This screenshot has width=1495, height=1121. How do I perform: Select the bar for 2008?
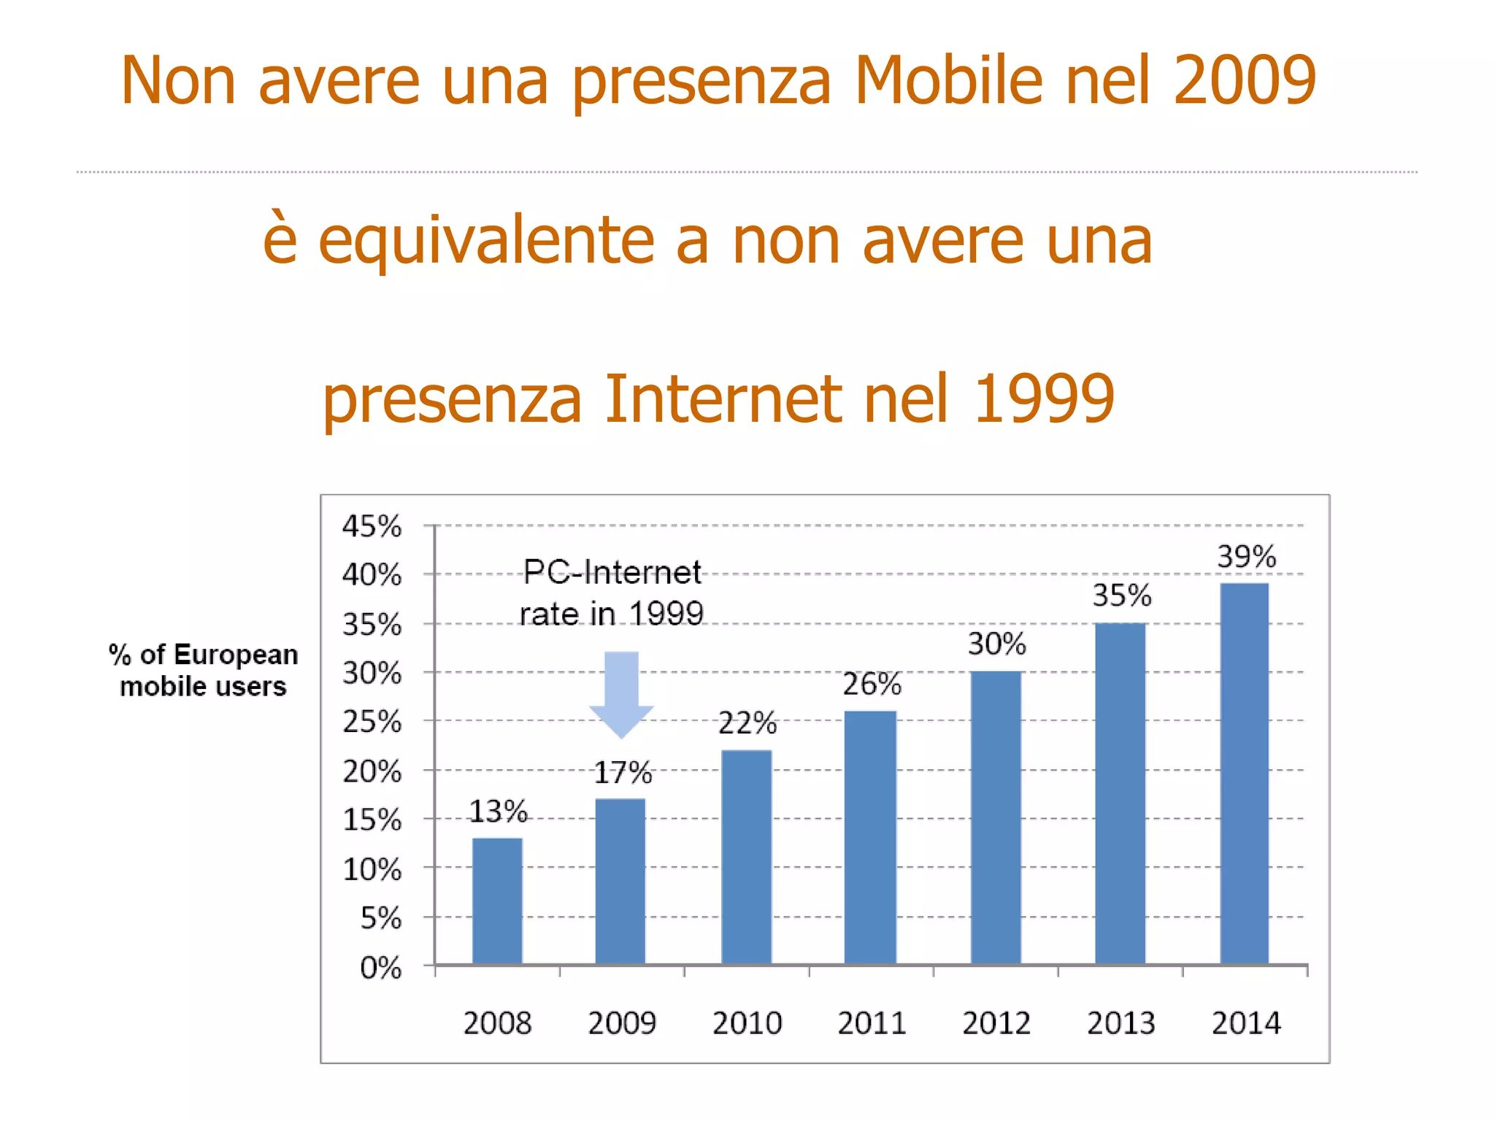[x=497, y=901]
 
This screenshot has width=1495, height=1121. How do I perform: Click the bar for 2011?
[x=870, y=838]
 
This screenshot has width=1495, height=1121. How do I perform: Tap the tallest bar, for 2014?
[x=1245, y=774]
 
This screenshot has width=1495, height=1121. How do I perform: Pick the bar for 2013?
[x=1120, y=793]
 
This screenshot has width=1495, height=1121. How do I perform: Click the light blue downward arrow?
[x=621, y=693]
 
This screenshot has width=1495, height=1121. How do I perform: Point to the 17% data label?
[x=623, y=773]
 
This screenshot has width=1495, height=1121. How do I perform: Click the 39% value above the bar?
[x=1246, y=557]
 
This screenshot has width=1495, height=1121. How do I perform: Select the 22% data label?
[x=747, y=723]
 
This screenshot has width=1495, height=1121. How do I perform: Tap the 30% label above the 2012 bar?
[x=996, y=644]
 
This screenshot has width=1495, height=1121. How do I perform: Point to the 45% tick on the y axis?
[x=372, y=526]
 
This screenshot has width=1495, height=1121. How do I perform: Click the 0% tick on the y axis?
[x=380, y=968]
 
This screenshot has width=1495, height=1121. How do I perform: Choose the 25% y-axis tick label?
[x=372, y=722]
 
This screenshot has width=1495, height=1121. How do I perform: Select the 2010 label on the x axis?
[x=747, y=1023]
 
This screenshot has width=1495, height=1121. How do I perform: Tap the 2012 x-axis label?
[x=996, y=1023]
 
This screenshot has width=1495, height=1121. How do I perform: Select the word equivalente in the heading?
[x=486, y=241]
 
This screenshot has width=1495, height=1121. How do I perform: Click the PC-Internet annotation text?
[x=612, y=573]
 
